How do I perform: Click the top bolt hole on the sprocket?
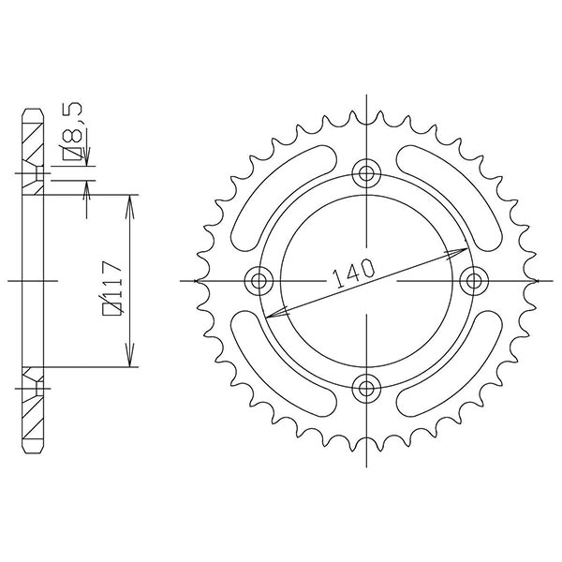point(366,172)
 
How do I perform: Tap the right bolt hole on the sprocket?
point(473,279)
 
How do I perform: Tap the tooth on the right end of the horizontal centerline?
point(535,279)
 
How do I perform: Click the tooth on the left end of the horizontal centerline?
point(198,279)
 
